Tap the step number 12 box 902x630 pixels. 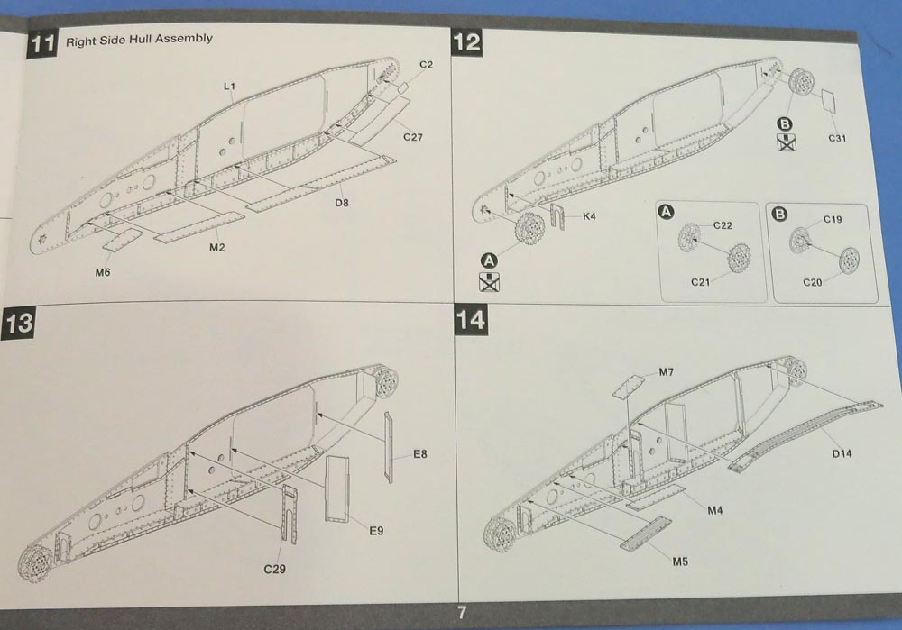pos(467,41)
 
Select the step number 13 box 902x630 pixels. pos(20,324)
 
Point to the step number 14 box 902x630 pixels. pos(471,320)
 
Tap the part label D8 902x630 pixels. pos(342,203)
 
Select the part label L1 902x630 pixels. pos(229,86)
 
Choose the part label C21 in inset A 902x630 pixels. pos(701,282)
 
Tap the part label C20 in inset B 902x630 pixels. pos(814,282)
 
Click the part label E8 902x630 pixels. pos(420,452)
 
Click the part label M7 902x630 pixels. pos(667,372)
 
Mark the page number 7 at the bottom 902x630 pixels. pos(461,613)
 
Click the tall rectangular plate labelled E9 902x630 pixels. pos(339,487)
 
